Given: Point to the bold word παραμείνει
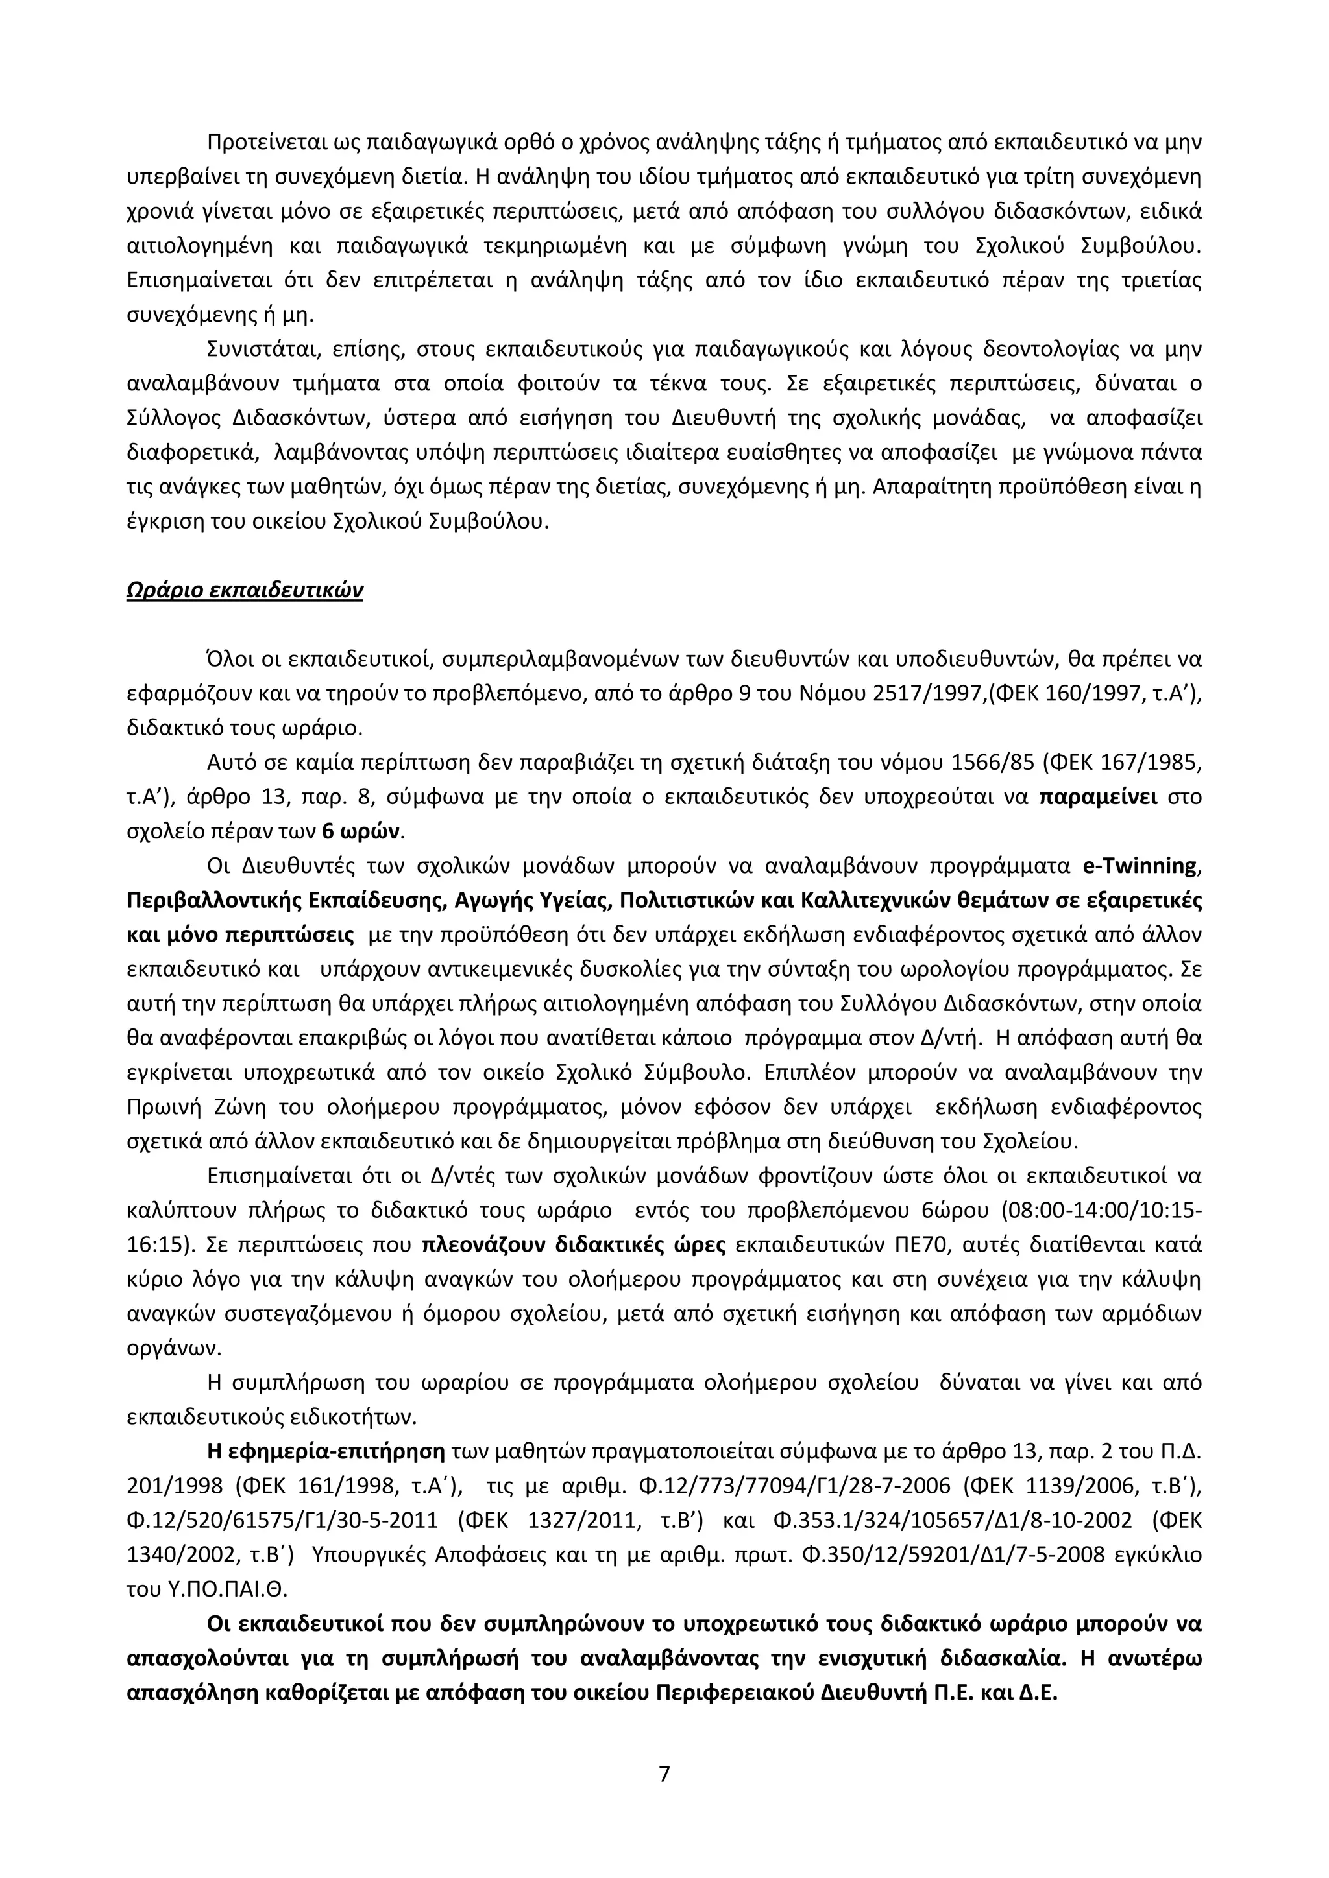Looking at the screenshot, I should coord(1097,797).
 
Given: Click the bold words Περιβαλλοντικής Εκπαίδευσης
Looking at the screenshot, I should coord(286,899).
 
